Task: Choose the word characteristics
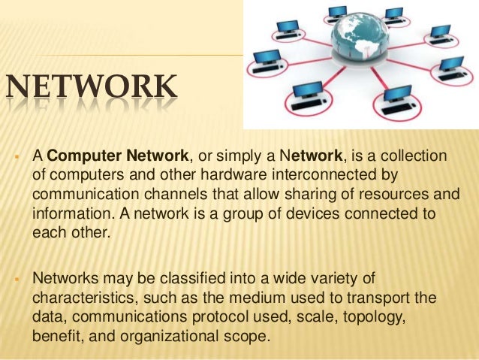[x=83, y=300]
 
